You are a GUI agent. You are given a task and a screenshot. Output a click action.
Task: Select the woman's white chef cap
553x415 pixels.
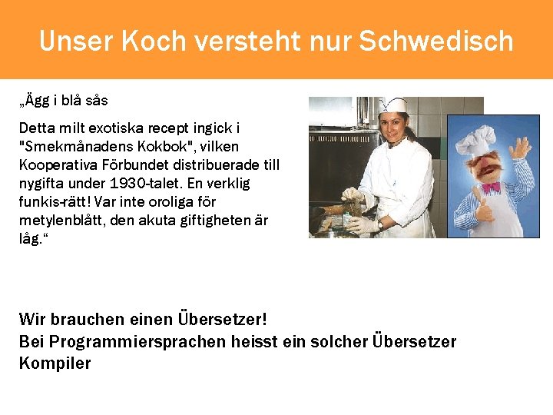point(392,105)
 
